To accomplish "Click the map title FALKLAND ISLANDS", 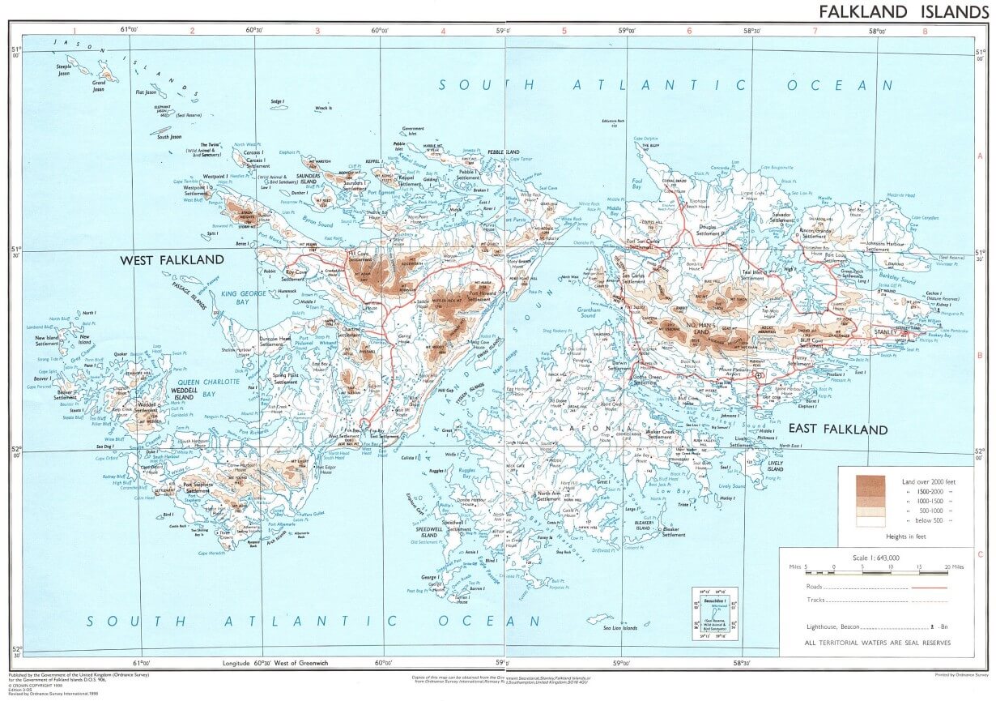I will (x=903, y=11).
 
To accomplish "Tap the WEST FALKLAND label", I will (x=172, y=260).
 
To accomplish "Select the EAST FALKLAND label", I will (x=838, y=430).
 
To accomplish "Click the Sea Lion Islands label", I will (x=619, y=627).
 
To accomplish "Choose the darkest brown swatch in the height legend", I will (x=871, y=485).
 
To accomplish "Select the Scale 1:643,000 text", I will (x=876, y=557).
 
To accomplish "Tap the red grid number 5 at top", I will (x=564, y=31).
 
